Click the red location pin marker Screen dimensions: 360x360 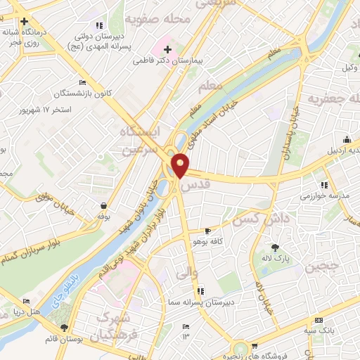point(181,165)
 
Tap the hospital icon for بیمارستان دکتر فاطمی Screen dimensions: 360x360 point(167,49)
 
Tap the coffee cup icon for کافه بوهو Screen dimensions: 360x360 point(207,231)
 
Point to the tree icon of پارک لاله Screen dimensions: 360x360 point(275,247)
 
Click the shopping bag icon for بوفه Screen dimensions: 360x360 point(104,206)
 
